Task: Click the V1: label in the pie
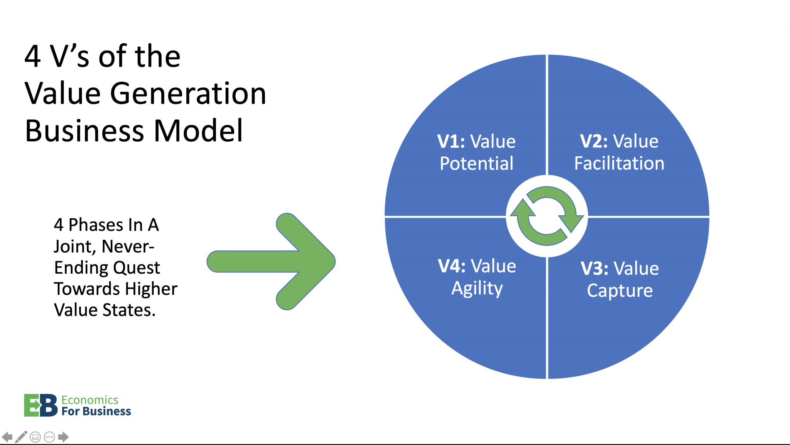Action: click(x=451, y=141)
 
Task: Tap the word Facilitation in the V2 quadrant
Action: click(x=619, y=163)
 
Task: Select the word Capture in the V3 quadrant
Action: click(x=620, y=290)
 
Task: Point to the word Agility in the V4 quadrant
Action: click(x=477, y=288)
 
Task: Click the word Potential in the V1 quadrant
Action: click(x=476, y=163)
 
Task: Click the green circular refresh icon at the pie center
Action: click(x=547, y=216)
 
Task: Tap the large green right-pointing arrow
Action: click(x=278, y=261)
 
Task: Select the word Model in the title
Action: click(x=198, y=130)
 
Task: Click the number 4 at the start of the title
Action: click(x=32, y=56)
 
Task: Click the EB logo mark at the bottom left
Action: click(x=41, y=405)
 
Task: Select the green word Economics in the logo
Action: click(x=89, y=400)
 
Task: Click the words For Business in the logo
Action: click(x=96, y=411)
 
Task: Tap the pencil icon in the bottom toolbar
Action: click(x=21, y=437)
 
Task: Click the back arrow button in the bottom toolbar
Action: click(x=7, y=437)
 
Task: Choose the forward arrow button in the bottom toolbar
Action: click(x=63, y=437)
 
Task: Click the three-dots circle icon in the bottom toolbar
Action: click(x=49, y=437)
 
